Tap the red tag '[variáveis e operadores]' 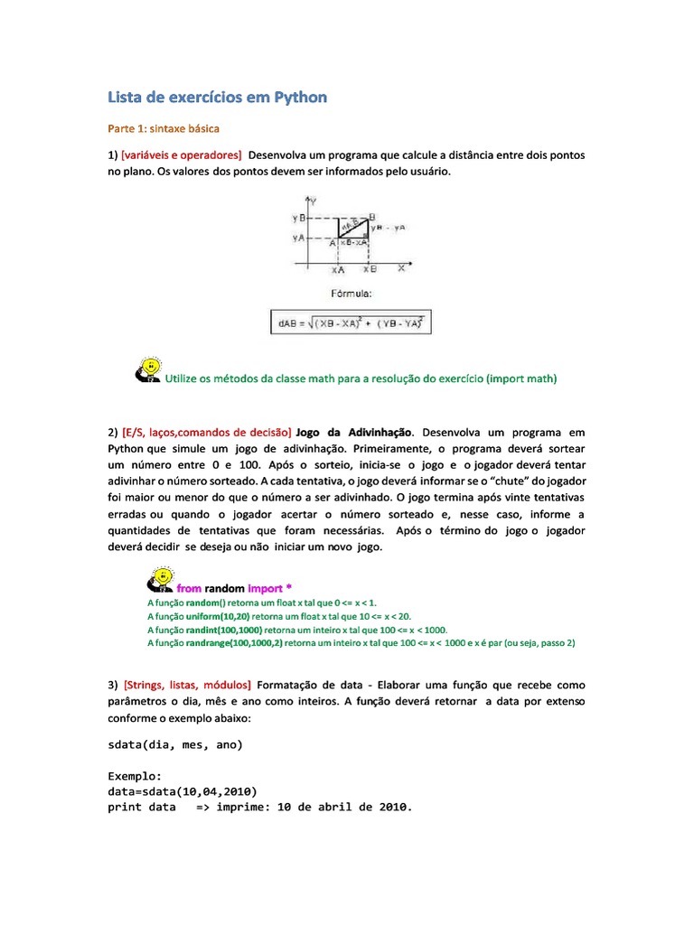[181, 155]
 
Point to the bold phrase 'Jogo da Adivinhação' [355, 434]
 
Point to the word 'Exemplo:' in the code [135, 776]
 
